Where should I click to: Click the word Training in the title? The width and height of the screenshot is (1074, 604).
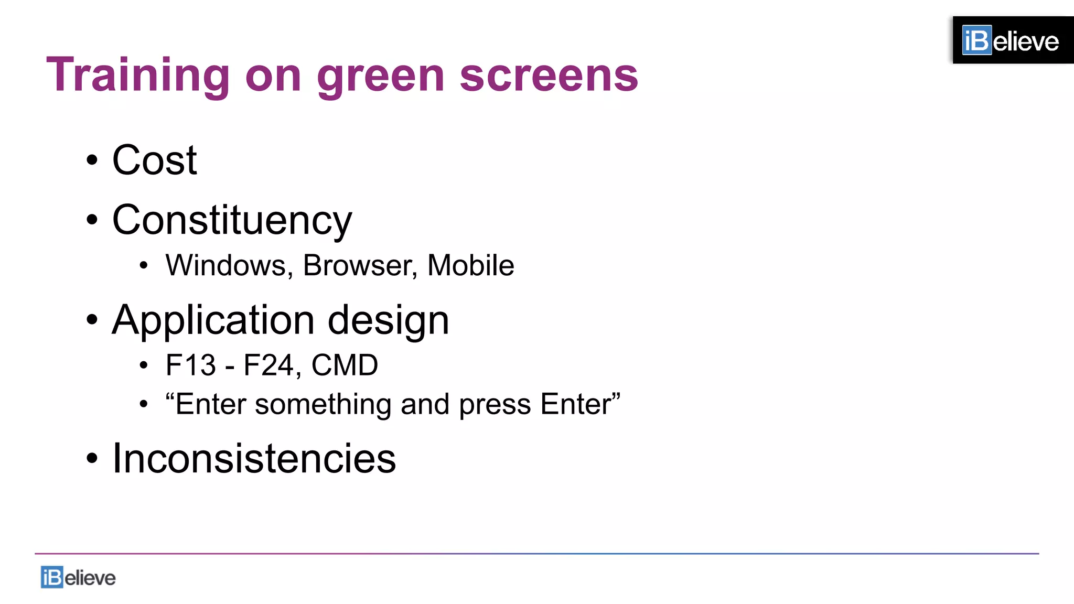[x=138, y=75]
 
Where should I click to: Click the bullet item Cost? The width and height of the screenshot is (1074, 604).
[x=154, y=160]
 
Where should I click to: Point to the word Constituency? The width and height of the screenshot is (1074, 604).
[x=232, y=220]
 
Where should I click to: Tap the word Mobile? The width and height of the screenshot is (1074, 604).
[x=470, y=265]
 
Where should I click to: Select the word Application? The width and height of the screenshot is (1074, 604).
[x=213, y=320]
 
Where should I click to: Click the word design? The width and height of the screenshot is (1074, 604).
[x=388, y=320]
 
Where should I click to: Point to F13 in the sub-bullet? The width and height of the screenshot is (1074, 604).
[x=190, y=365]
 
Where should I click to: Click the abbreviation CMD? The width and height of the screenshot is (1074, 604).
[x=345, y=365]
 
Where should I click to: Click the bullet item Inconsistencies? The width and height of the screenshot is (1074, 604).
[x=254, y=458]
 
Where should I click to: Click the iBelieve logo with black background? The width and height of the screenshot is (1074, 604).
[x=1012, y=40]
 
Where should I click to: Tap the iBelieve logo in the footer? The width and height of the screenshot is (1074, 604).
[x=78, y=577]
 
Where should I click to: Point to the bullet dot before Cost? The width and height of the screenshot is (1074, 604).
[x=92, y=160]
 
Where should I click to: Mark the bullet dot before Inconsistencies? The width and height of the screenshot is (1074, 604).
[x=92, y=458]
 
